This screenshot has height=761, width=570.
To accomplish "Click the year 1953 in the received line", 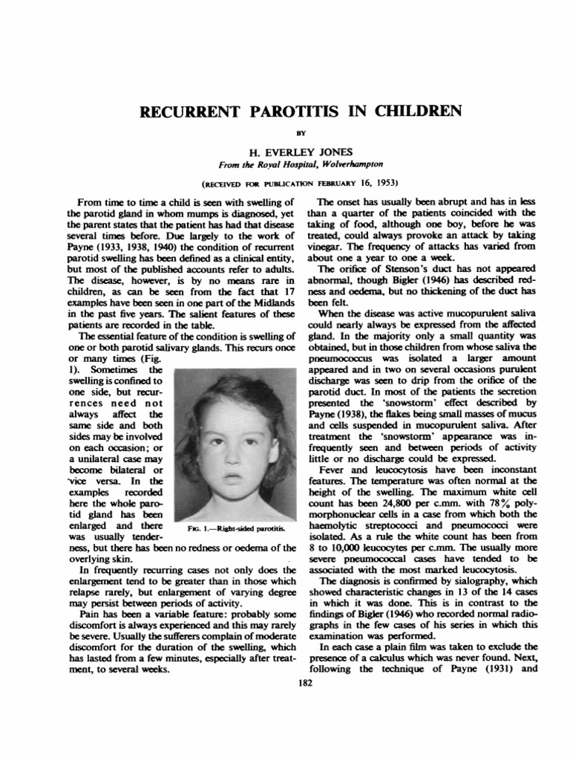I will coord(381,182).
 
